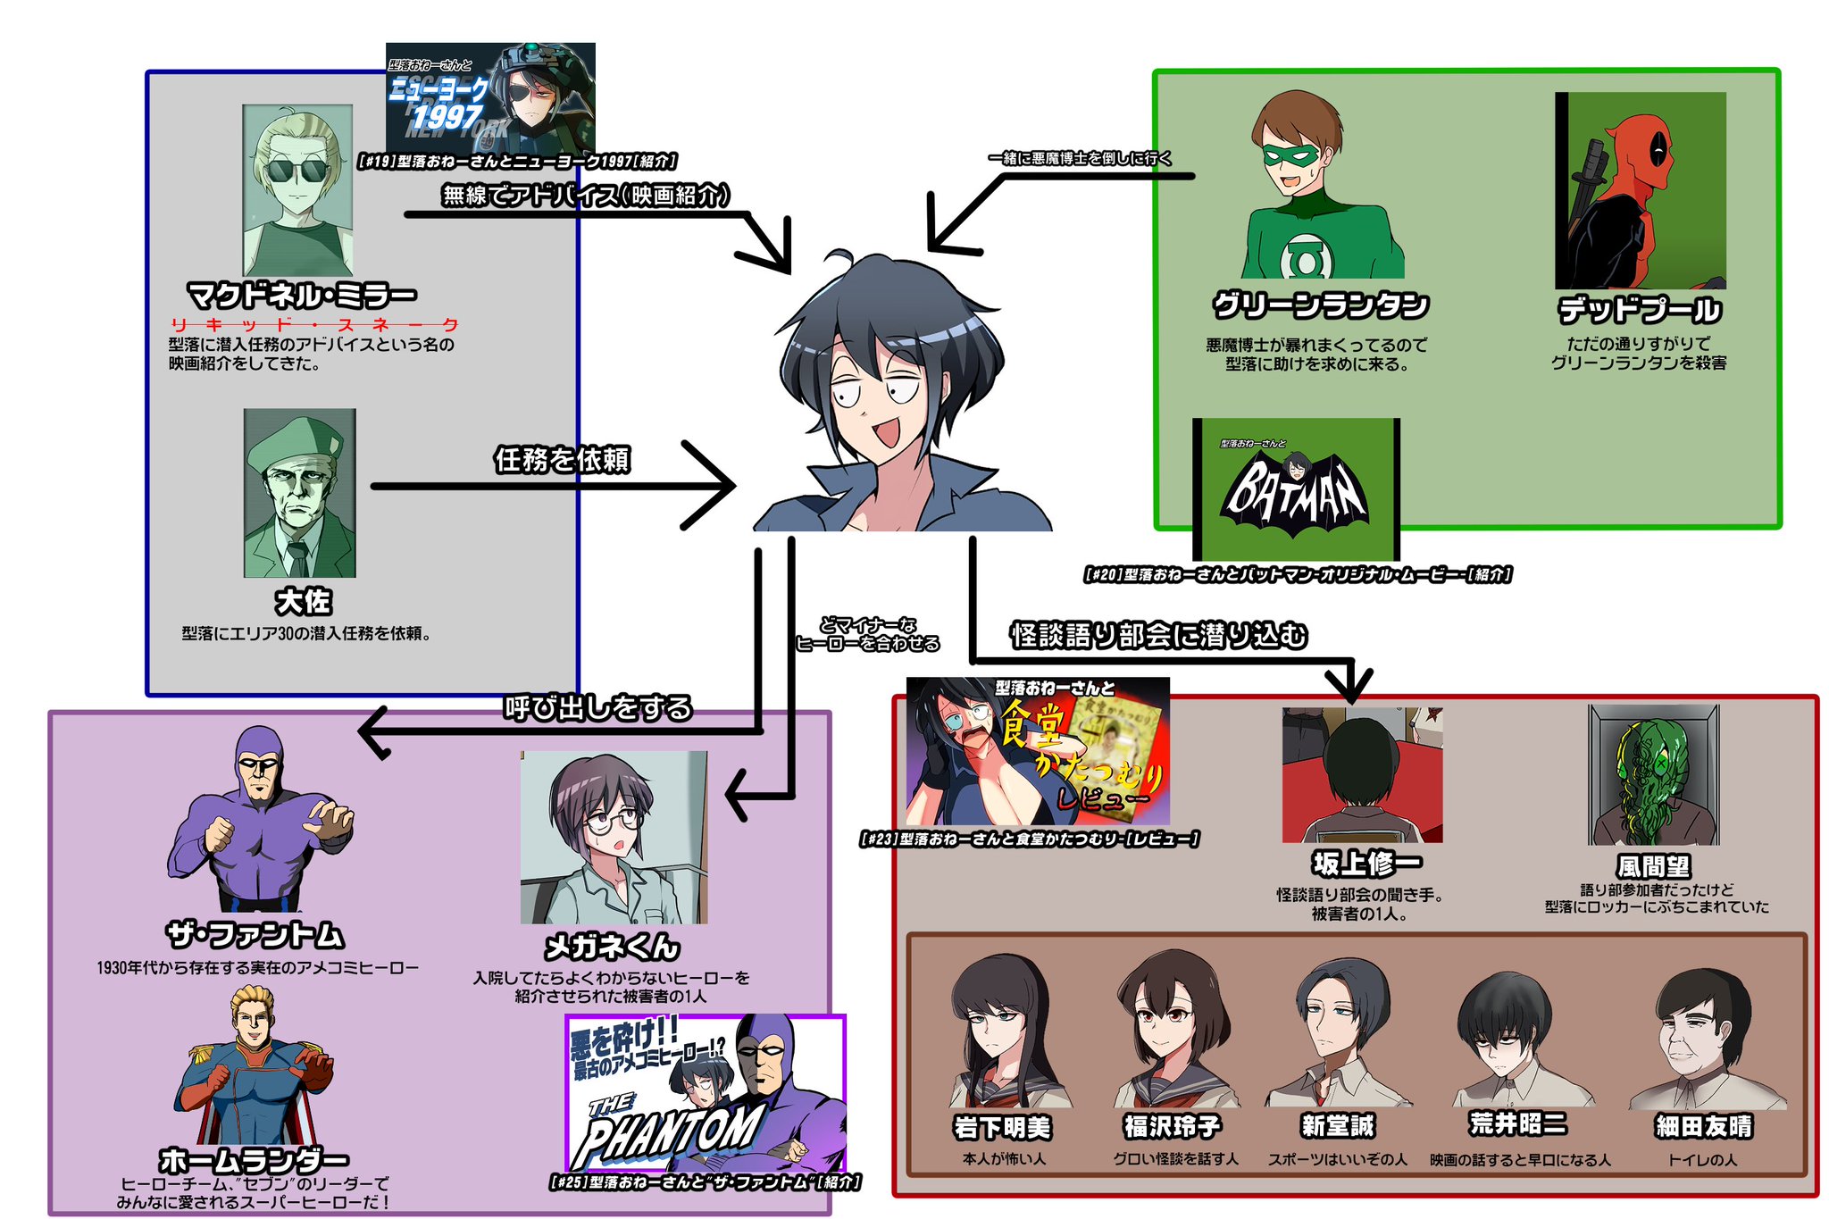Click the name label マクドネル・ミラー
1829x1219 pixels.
click(x=301, y=294)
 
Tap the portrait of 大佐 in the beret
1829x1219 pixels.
click(x=300, y=493)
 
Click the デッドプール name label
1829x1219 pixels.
click(x=1639, y=310)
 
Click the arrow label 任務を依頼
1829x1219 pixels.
click(x=563, y=460)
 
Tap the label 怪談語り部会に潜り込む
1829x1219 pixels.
click(x=1158, y=635)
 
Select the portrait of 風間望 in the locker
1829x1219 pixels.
click(x=1653, y=774)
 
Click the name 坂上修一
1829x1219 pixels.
click(x=1366, y=864)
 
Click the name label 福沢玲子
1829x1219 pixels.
click(x=1172, y=1126)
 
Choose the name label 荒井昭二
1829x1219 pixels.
click(x=1518, y=1123)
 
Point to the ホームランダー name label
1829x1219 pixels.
click(x=255, y=1160)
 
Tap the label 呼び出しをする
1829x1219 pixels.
click(x=598, y=708)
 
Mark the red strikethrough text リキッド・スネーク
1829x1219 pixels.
click(x=314, y=324)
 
